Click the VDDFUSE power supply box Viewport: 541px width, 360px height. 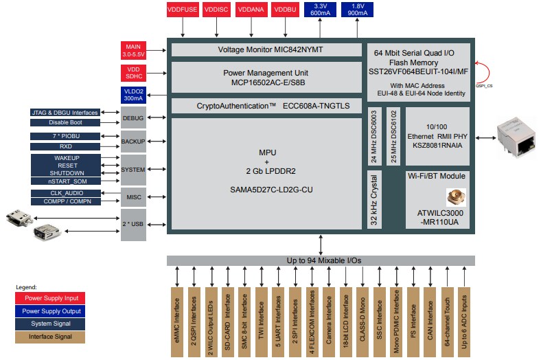coord(182,10)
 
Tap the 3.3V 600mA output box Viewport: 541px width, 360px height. coord(320,10)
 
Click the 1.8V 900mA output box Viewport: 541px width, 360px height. coord(358,10)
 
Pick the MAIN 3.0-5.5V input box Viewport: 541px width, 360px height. coord(133,50)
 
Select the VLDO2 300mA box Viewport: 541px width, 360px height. coord(133,95)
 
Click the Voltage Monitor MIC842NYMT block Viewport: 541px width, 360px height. coord(266,50)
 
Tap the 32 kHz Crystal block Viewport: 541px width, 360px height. coord(373,199)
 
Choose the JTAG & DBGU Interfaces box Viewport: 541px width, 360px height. coord(65,112)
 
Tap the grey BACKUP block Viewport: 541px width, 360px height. coord(133,141)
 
